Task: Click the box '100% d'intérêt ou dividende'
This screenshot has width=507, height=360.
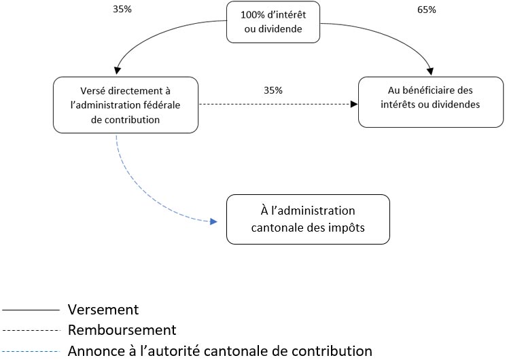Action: click(273, 22)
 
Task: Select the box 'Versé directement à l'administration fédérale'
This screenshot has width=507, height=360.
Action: click(126, 105)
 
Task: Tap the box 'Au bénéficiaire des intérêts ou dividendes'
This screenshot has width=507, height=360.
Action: click(431, 102)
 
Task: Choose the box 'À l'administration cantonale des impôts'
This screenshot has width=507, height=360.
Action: click(308, 219)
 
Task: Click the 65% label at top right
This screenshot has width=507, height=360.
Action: click(427, 10)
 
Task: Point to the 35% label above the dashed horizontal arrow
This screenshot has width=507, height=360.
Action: click(273, 90)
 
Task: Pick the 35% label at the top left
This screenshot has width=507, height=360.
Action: click(122, 9)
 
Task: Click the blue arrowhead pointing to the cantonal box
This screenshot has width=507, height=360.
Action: click(213, 221)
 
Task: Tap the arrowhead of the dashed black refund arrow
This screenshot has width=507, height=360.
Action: click(354, 104)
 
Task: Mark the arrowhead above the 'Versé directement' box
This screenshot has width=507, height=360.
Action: click(118, 71)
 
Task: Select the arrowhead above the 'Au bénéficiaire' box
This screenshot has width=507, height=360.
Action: click(430, 71)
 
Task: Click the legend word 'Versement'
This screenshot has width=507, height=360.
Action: click(103, 310)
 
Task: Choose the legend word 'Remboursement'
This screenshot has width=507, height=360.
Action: click(122, 330)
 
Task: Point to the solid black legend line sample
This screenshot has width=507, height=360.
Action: click(31, 310)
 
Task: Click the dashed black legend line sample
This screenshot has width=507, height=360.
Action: click(31, 330)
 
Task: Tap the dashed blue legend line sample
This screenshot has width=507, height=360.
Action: click(31, 351)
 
